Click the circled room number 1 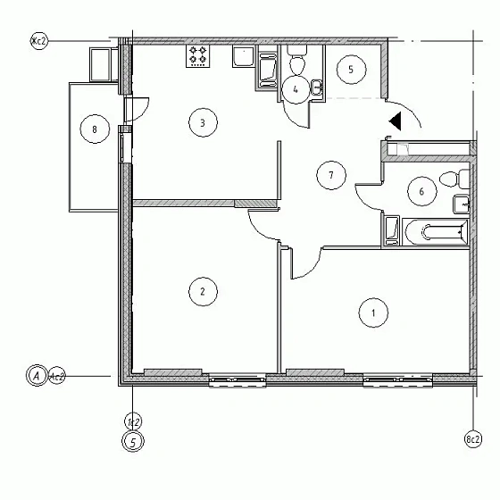[372, 312]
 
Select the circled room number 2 [203, 290]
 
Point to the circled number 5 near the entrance [351, 69]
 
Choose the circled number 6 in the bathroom [421, 189]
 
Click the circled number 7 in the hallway [330, 175]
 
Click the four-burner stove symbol [198, 56]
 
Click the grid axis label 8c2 [472, 439]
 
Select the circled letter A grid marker [37, 376]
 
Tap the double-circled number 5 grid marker [132, 441]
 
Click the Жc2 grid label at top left [38, 41]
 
